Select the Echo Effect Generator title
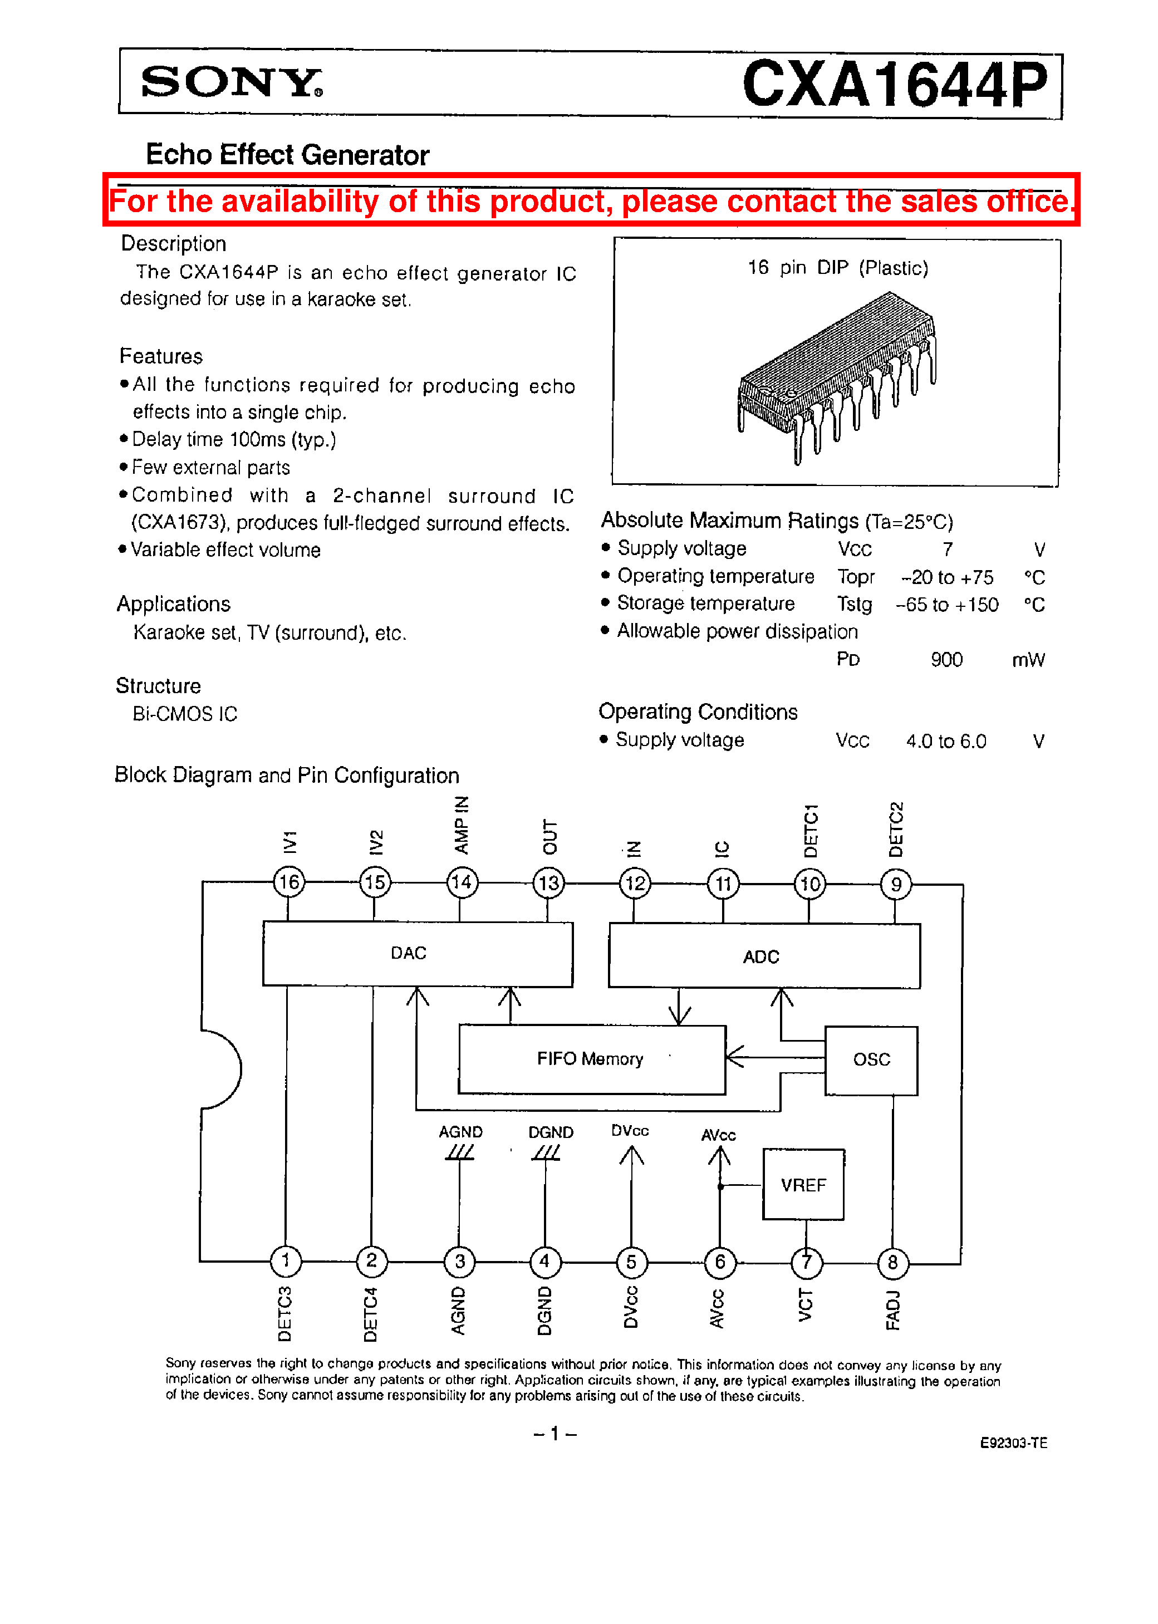(x=287, y=155)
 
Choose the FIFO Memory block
(x=591, y=1059)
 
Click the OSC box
(x=871, y=1059)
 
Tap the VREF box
(x=803, y=1184)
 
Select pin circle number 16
(x=289, y=882)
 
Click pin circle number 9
(x=896, y=885)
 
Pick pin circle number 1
(x=286, y=1260)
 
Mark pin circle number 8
(x=893, y=1263)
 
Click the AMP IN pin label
(x=462, y=825)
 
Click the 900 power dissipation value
(x=946, y=659)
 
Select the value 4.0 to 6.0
(x=946, y=742)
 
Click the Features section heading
(x=161, y=356)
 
